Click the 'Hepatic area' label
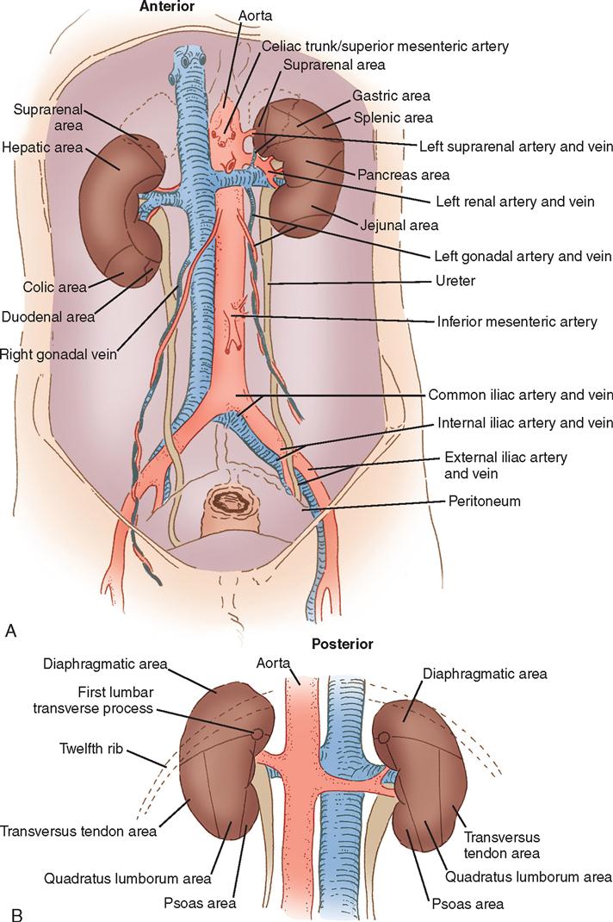point(42,147)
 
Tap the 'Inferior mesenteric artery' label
point(517,321)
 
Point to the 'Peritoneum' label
point(485,501)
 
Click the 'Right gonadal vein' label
point(59,354)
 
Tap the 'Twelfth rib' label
point(91,749)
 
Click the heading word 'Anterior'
point(166,7)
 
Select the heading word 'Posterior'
point(342,644)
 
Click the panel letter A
point(10,631)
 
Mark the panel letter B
point(17,914)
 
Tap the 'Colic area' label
point(54,287)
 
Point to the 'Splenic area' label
point(393,117)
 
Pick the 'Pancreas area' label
point(403,175)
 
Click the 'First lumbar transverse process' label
point(93,700)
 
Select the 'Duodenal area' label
point(48,317)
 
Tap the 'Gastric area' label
point(392,96)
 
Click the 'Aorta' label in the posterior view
point(273,663)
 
